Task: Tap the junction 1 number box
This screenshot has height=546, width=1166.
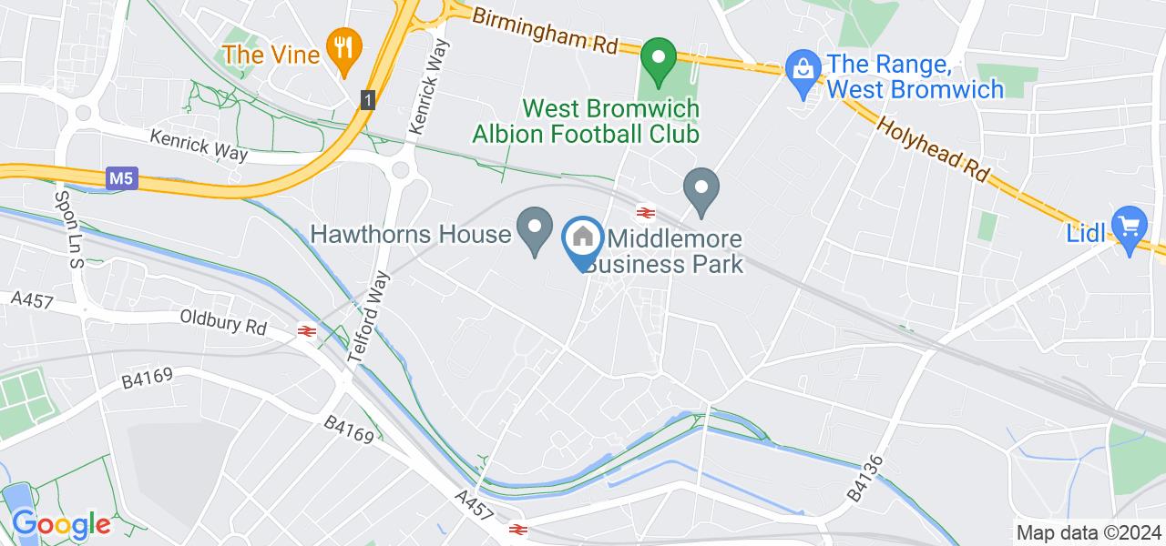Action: click(x=367, y=98)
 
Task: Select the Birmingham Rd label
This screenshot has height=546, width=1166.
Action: click(x=546, y=30)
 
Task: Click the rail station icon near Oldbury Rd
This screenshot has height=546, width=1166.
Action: click(x=305, y=333)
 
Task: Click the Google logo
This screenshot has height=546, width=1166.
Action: click(x=60, y=524)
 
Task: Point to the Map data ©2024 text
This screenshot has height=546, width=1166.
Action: click(x=1089, y=533)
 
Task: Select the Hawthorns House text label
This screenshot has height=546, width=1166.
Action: click(x=410, y=234)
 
